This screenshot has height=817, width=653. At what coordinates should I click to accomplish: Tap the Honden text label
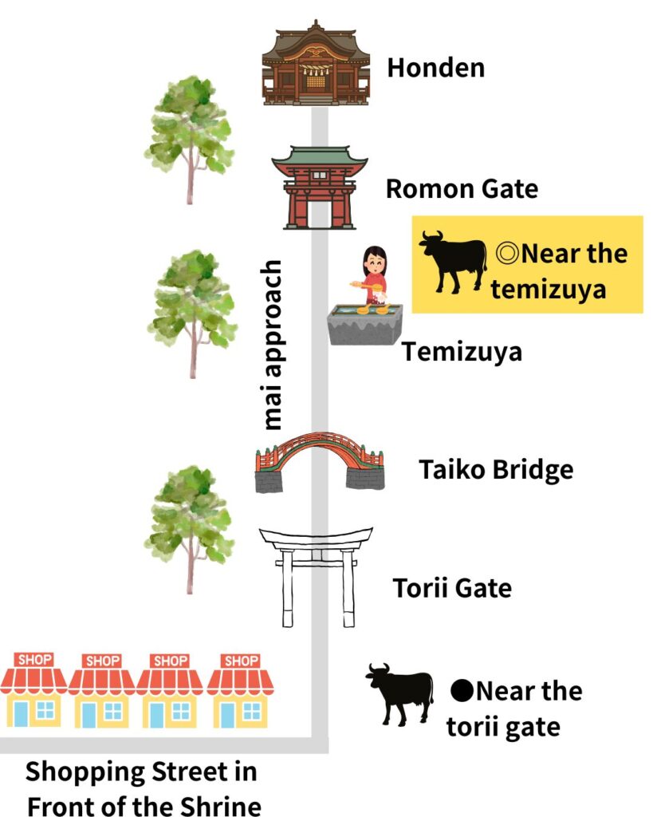[x=435, y=68]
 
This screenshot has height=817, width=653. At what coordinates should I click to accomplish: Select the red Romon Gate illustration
[x=319, y=187]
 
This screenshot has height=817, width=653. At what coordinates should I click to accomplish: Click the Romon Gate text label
[x=462, y=189]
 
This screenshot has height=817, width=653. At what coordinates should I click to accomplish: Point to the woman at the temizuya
[x=373, y=275]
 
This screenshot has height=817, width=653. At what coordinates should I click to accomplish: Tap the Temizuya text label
[x=462, y=351]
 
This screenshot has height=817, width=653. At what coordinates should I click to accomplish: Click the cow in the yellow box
[x=453, y=261]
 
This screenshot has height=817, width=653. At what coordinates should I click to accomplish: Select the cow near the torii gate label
[x=399, y=693]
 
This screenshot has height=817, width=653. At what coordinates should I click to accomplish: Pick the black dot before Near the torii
[x=461, y=690]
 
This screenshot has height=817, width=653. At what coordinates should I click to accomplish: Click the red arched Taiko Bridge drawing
[x=319, y=461]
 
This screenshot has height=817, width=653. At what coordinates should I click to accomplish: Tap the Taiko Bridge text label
[x=496, y=469]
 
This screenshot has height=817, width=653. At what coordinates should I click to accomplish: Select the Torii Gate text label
[x=452, y=589]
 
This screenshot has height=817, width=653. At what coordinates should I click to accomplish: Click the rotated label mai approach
[x=273, y=345]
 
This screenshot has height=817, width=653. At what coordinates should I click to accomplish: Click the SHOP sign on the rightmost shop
[x=240, y=661]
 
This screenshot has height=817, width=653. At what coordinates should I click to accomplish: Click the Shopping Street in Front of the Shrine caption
[x=142, y=788]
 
